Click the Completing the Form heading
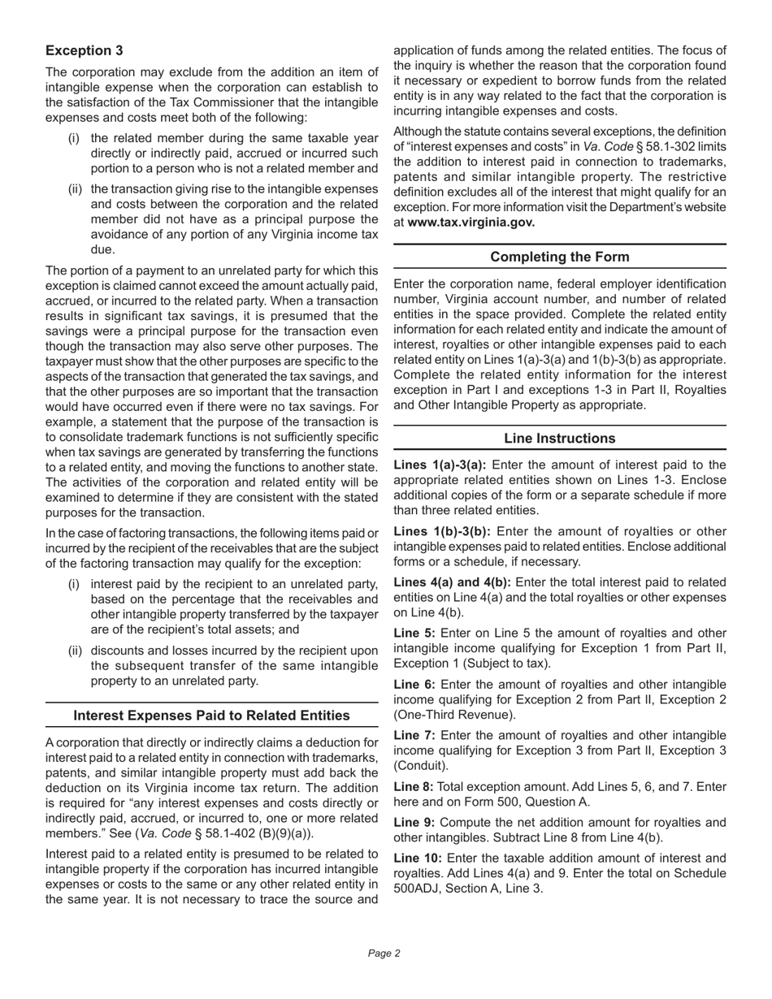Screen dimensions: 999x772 (x=559, y=257)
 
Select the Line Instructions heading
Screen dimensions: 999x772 (x=559, y=439)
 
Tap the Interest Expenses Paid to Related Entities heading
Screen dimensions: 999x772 (x=211, y=716)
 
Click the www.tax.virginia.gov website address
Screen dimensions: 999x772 (x=471, y=223)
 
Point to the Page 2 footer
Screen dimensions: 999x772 (x=384, y=954)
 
